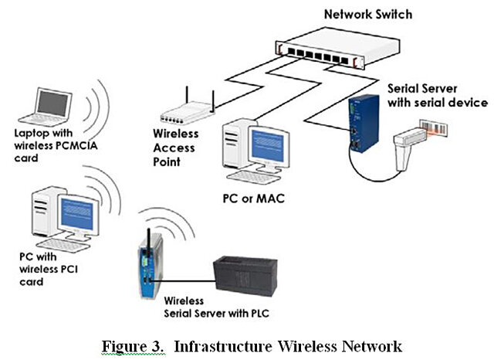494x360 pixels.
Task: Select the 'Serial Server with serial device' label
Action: tap(436, 96)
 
